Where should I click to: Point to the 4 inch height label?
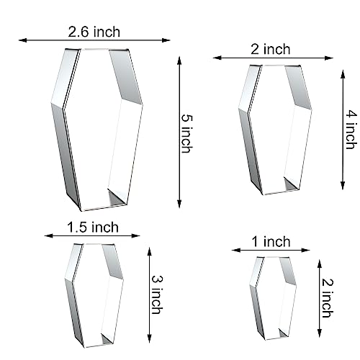351,130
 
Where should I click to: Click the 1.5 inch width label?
92,228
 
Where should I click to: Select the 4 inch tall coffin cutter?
278,130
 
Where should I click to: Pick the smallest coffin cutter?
274,298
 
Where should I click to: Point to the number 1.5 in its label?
78,228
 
